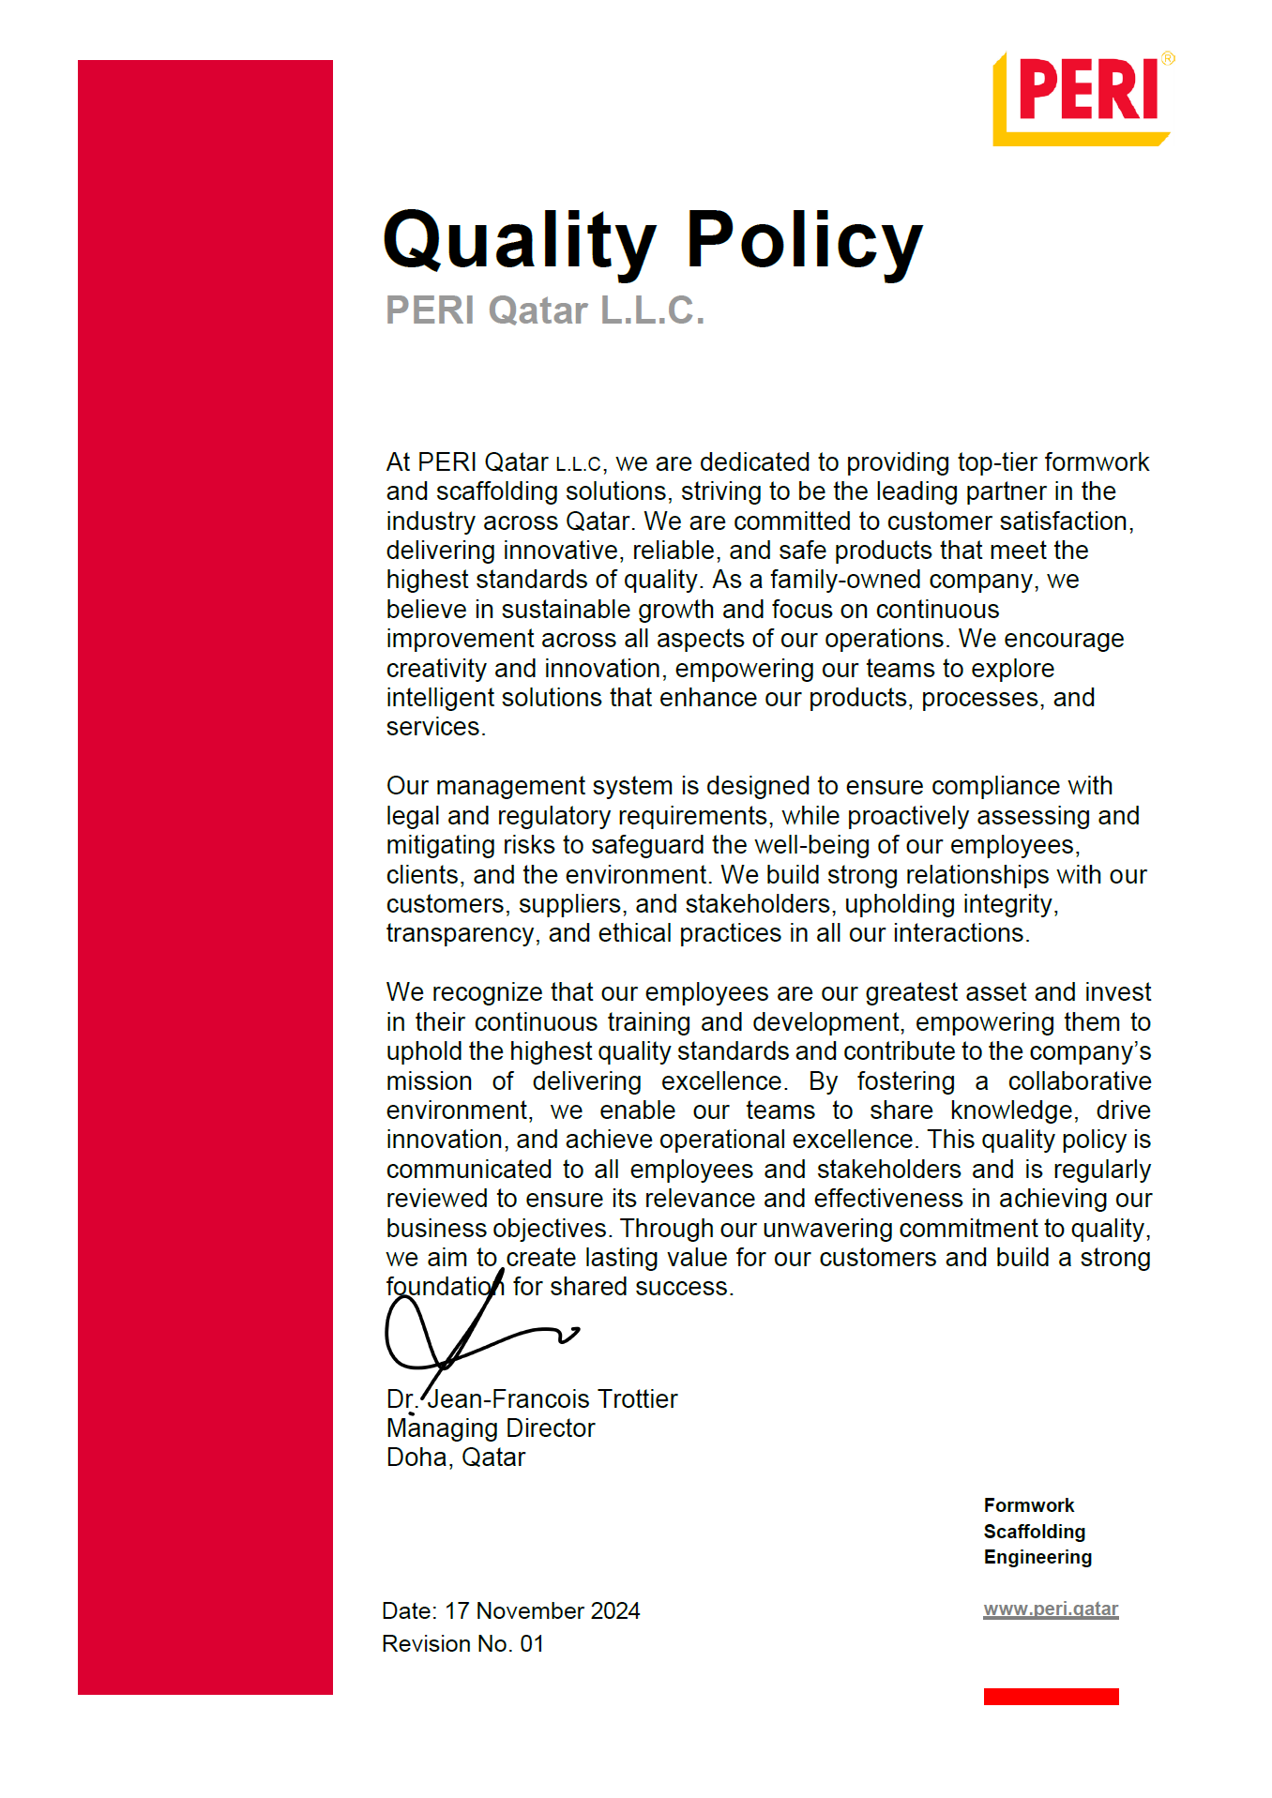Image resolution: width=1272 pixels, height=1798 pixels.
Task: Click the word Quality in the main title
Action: click(x=520, y=241)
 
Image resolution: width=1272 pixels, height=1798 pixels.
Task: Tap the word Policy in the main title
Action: click(x=804, y=241)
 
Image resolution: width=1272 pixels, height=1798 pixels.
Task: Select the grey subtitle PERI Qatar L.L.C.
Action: click(x=545, y=310)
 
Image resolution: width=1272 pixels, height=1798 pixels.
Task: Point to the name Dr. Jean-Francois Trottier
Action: click(x=532, y=1398)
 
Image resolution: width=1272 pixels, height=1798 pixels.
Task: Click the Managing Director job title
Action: click(x=491, y=1428)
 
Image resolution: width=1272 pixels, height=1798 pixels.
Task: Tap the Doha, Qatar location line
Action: click(x=456, y=1457)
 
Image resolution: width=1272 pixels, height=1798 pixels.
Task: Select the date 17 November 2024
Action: click(x=542, y=1610)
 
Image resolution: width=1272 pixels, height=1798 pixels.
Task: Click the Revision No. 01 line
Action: click(x=462, y=1643)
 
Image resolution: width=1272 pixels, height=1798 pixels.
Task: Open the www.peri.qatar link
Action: click(x=1051, y=1609)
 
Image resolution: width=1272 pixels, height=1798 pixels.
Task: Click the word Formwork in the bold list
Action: click(x=1029, y=1505)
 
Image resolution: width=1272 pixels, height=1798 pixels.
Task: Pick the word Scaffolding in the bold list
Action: click(x=1035, y=1532)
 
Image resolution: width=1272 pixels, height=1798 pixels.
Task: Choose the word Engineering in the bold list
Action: click(x=1037, y=1557)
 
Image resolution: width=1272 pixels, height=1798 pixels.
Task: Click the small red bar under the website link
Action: click(x=1051, y=1696)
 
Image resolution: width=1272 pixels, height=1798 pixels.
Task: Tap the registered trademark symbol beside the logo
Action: click(x=1168, y=58)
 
